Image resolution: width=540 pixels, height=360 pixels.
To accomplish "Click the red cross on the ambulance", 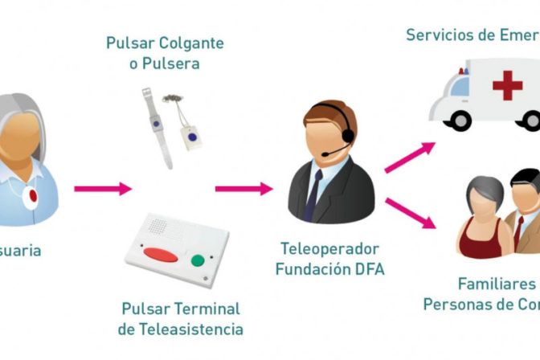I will (507, 85).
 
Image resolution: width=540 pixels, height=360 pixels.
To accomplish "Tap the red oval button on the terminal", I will (160, 256).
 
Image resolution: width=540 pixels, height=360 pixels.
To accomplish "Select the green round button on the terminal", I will (197, 260).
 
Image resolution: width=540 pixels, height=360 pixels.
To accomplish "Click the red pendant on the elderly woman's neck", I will (32, 195).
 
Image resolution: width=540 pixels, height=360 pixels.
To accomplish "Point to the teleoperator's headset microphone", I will (327, 153).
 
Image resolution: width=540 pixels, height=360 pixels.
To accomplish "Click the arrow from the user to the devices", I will (102, 190).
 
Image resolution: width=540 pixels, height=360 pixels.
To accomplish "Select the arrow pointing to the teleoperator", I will (243, 190).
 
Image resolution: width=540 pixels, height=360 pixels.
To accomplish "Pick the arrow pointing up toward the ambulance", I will (409, 157).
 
